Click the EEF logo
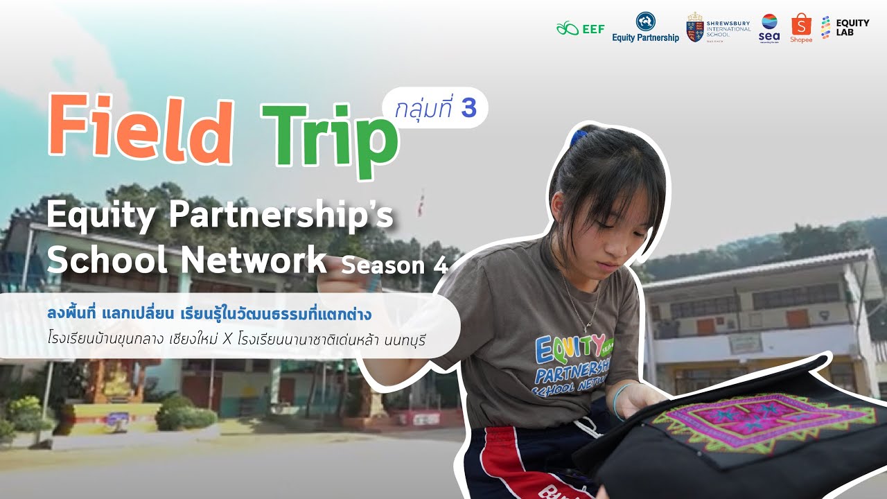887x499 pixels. (x=580, y=28)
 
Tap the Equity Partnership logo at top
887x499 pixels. (x=645, y=27)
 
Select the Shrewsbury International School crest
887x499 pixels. (x=695, y=28)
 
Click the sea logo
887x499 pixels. (x=769, y=27)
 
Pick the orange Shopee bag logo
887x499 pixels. (x=800, y=26)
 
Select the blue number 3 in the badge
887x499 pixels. (x=468, y=108)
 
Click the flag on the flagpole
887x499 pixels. (x=421, y=204)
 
